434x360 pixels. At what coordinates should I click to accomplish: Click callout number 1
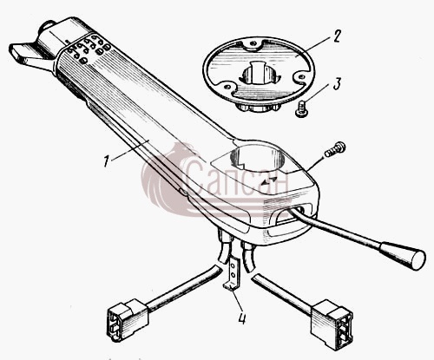click(107, 160)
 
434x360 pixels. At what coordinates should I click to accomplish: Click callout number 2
click(336, 36)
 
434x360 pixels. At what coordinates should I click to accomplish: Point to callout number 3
click(337, 84)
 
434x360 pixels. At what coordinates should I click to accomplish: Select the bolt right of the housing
click(335, 149)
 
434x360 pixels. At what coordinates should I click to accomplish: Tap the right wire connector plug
click(332, 324)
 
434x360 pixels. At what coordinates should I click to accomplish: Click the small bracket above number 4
click(233, 273)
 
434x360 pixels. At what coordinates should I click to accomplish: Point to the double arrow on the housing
click(269, 180)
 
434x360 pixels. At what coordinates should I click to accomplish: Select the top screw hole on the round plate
click(253, 43)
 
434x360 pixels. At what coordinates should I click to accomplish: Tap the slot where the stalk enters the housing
click(293, 213)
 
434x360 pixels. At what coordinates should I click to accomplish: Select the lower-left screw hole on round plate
click(228, 87)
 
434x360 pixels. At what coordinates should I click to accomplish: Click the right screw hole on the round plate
click(301, 76)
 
